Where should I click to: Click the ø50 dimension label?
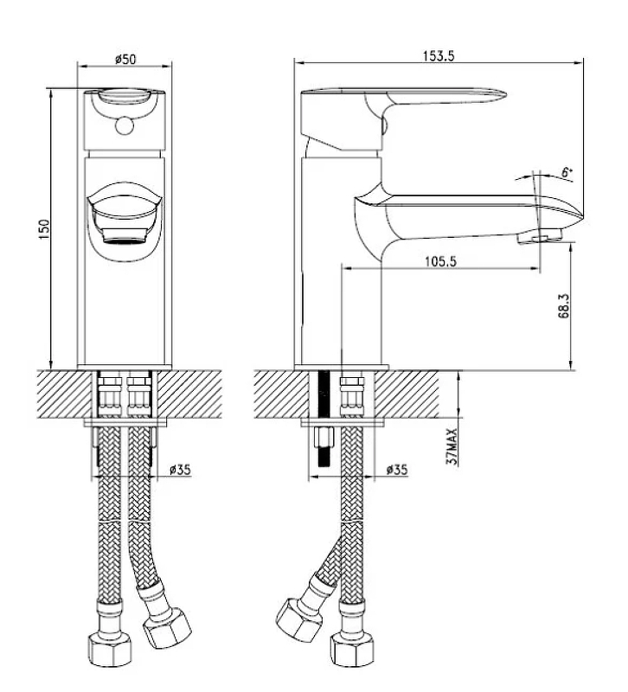125,59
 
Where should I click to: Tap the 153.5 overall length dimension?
439,56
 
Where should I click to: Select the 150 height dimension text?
45,229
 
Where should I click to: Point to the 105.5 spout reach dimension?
441,261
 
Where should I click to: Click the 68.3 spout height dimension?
564,306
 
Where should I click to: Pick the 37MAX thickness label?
452,446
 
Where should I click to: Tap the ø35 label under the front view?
180,470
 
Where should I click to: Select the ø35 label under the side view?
397,470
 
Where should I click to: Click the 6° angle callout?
567,172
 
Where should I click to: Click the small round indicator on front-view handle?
124,125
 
